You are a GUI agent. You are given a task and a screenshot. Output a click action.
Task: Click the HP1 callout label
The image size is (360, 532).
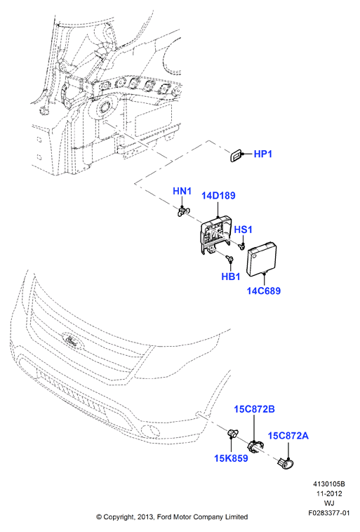[x=263, y=154]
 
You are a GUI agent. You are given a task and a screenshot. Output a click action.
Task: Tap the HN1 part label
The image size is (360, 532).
[x=182, y=191]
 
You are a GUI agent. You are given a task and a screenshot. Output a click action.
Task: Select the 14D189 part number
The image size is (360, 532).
[x=218, y=196]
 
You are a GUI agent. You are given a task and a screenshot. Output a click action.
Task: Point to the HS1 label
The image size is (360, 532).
[x=244, y=230]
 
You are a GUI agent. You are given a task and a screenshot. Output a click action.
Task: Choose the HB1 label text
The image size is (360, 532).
[x=231, y=277]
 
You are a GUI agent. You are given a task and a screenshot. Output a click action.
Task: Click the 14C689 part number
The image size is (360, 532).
[x=264, y=291]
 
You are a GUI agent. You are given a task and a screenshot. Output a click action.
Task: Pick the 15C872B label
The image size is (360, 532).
[x=254, y=409]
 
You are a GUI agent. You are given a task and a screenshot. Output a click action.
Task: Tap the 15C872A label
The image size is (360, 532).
[x=288, y=436]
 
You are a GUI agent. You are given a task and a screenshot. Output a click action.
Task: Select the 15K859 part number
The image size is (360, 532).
[x=231, y=458]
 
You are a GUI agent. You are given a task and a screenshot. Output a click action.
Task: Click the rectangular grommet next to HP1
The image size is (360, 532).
[x=236, y=155]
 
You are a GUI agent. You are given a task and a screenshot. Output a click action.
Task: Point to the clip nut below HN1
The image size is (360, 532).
[x=182, y=212]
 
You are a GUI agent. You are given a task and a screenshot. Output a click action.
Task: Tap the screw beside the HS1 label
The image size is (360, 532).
[x=241, y=246]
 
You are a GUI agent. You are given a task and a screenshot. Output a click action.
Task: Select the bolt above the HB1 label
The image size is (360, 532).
[x=230, y=260]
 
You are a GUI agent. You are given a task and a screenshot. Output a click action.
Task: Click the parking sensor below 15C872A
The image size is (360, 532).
[x=286, y=463]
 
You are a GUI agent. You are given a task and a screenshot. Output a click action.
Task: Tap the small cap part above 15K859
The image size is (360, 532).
[x=232, y=433]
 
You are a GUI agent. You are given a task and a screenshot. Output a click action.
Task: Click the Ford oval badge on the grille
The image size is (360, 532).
[x=72, y=340]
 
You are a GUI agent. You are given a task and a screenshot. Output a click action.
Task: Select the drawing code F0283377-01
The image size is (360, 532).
[x=328, y=512]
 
